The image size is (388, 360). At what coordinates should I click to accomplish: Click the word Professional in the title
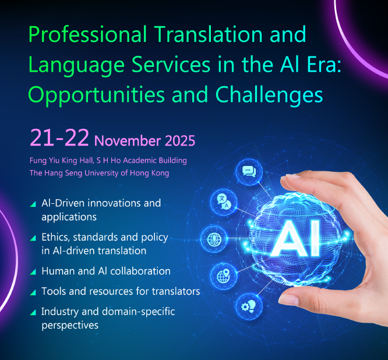pyautogui.click(x=88, y=34)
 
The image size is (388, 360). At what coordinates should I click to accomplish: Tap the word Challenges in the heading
pyautogui.click(x=269, y=96)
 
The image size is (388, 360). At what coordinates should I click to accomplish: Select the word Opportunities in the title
pyautogui.click(x=97, y=96)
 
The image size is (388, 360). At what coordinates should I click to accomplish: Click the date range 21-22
pyautogui.click(x=59, y=137)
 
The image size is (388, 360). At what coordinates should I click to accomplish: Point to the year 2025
pyautogui.click(x=180, y=141)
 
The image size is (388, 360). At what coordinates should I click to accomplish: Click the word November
pyautogui.click(x=128, y=141)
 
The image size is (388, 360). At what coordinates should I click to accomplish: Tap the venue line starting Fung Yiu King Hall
pyautogui.click(x=108, y=161)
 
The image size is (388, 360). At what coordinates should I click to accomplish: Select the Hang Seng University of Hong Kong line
pyautogui.click(x=99, y=173)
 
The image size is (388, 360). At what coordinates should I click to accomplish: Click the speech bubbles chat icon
pyautogui.click(x=249, y=171)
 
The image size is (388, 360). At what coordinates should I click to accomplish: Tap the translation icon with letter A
pyautogui.click(x=224, y=202)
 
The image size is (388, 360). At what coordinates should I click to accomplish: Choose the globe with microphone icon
pyautogui.click(x=214, y=239)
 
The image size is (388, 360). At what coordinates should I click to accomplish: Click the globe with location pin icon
pyautogui.click(x=224, y=276)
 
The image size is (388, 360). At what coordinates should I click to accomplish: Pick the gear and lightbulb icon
pyautogui.click(x=249, y=307)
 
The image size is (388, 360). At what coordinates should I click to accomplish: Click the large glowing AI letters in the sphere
pyautogui.click(x=296, y=238)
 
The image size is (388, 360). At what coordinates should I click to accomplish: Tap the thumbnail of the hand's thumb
pyautogui.click(x=288, y=299)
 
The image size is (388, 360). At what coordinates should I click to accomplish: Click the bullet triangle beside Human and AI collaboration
pyautogui.click(x=33, y=272)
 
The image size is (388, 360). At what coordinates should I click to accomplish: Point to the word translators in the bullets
pyautogui.click(x=176, y=291)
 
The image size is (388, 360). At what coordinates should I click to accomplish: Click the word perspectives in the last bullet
pyautogui.click(x=70, y=326)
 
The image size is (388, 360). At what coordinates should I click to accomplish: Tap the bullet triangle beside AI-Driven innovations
pyautogui.click(x=33, y=204)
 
